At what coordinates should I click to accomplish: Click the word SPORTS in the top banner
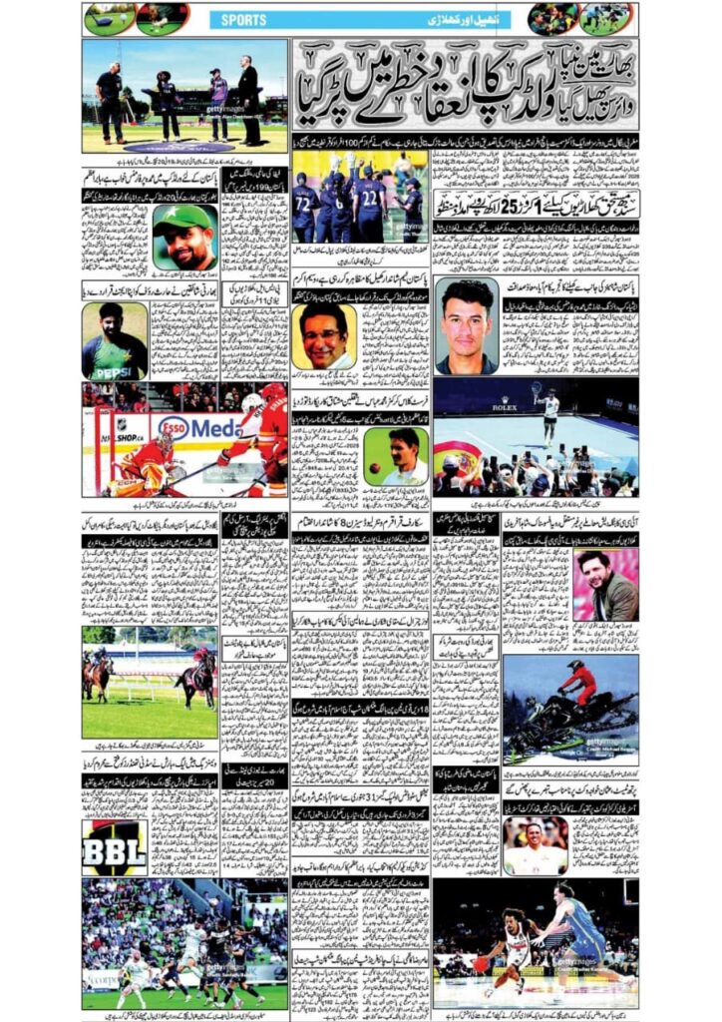pyautogui.click(x=244, y=19)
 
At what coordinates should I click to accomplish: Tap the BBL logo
pyautogui.click(x=114, y=848)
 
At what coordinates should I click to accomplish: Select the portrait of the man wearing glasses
pyautogui.click(x=325, y=336)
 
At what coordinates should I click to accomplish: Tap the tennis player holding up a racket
pyautogui.click(x=549, y=414)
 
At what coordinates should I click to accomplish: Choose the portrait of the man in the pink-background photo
pyautogui.click(x=604, y=585)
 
